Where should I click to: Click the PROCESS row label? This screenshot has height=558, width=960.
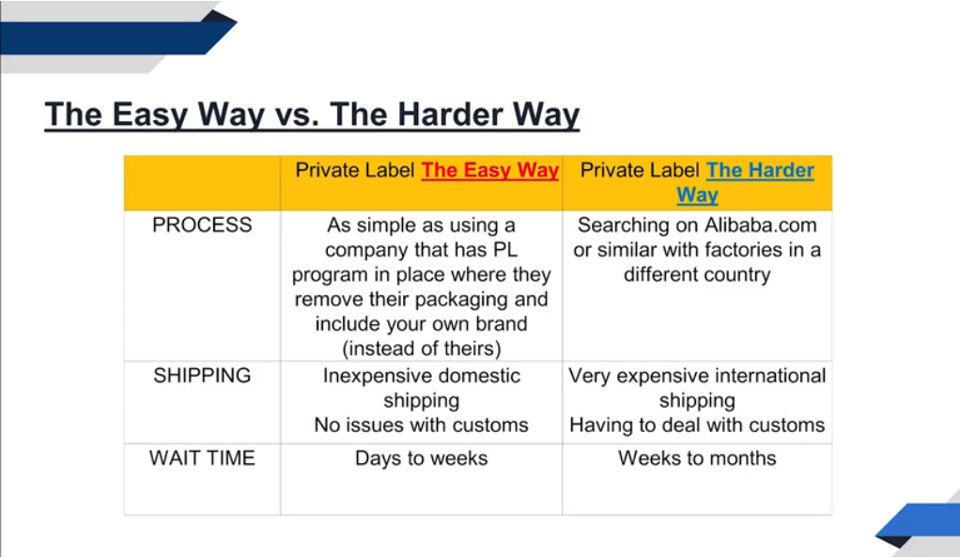coord(202,225)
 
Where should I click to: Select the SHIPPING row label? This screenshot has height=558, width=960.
coord(202,376)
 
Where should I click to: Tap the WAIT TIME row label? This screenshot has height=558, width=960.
coord(202,458)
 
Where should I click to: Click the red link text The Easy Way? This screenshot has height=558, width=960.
coord(489,170)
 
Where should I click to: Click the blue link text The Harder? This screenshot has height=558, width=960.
coord(760,170)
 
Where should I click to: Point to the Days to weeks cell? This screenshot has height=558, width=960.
coord(421,458)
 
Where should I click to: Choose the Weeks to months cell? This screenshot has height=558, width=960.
coord(697,458)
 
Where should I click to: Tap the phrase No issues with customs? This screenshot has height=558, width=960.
coord(421,426)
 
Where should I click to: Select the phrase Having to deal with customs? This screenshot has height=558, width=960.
coord(697,426)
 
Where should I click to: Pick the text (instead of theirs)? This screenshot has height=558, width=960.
coord(421,349)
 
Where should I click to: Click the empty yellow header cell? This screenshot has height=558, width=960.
coord(202,182)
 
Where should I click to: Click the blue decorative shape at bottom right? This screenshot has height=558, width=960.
coord(925,522)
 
